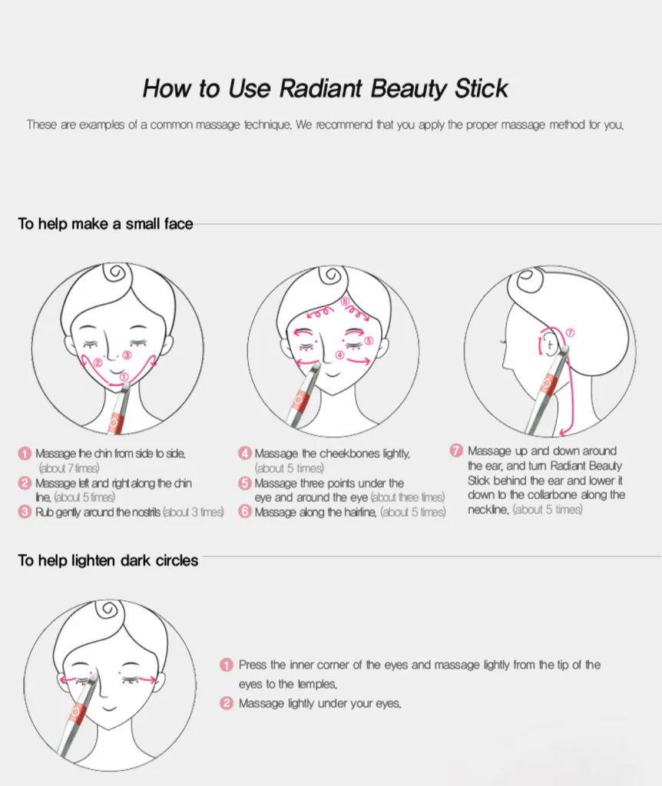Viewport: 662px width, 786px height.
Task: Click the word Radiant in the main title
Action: click(x=321, y=88)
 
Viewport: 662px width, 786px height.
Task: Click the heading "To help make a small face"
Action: click(x=105, y=223)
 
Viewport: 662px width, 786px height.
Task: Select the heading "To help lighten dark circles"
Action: click(x=108, y=560)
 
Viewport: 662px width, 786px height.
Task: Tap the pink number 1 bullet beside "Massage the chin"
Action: click(x=25, y=454)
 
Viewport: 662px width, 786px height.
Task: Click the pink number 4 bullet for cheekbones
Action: click(x=245, y=454)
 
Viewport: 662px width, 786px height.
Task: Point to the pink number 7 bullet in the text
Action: click(x=456, y=450)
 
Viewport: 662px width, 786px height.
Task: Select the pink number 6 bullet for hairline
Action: click(x=245, y=512)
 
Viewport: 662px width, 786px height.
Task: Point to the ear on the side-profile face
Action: click(x=548, y=345)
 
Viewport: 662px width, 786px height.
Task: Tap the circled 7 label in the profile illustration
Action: click(x=570, y=332)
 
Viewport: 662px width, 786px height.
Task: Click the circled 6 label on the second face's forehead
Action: click(x=345, y=302)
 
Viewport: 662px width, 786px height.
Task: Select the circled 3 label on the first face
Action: click(x=127, y=355)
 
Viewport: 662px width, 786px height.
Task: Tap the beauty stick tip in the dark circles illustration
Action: click(x=92, y=679)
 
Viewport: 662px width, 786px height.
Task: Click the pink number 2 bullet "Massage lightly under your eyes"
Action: click(x=227, y=703)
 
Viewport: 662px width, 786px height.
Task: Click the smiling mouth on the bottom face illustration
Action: click(x=110, y=708)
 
